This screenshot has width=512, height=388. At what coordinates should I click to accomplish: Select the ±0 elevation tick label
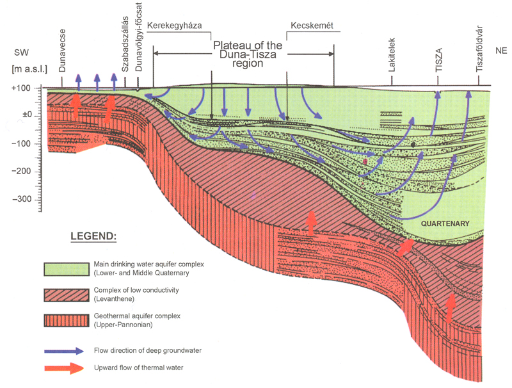click(28, 115)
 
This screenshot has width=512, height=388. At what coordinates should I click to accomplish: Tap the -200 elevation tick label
click(24, 172)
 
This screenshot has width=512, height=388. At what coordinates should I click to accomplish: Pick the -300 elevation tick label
click(24, 200)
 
